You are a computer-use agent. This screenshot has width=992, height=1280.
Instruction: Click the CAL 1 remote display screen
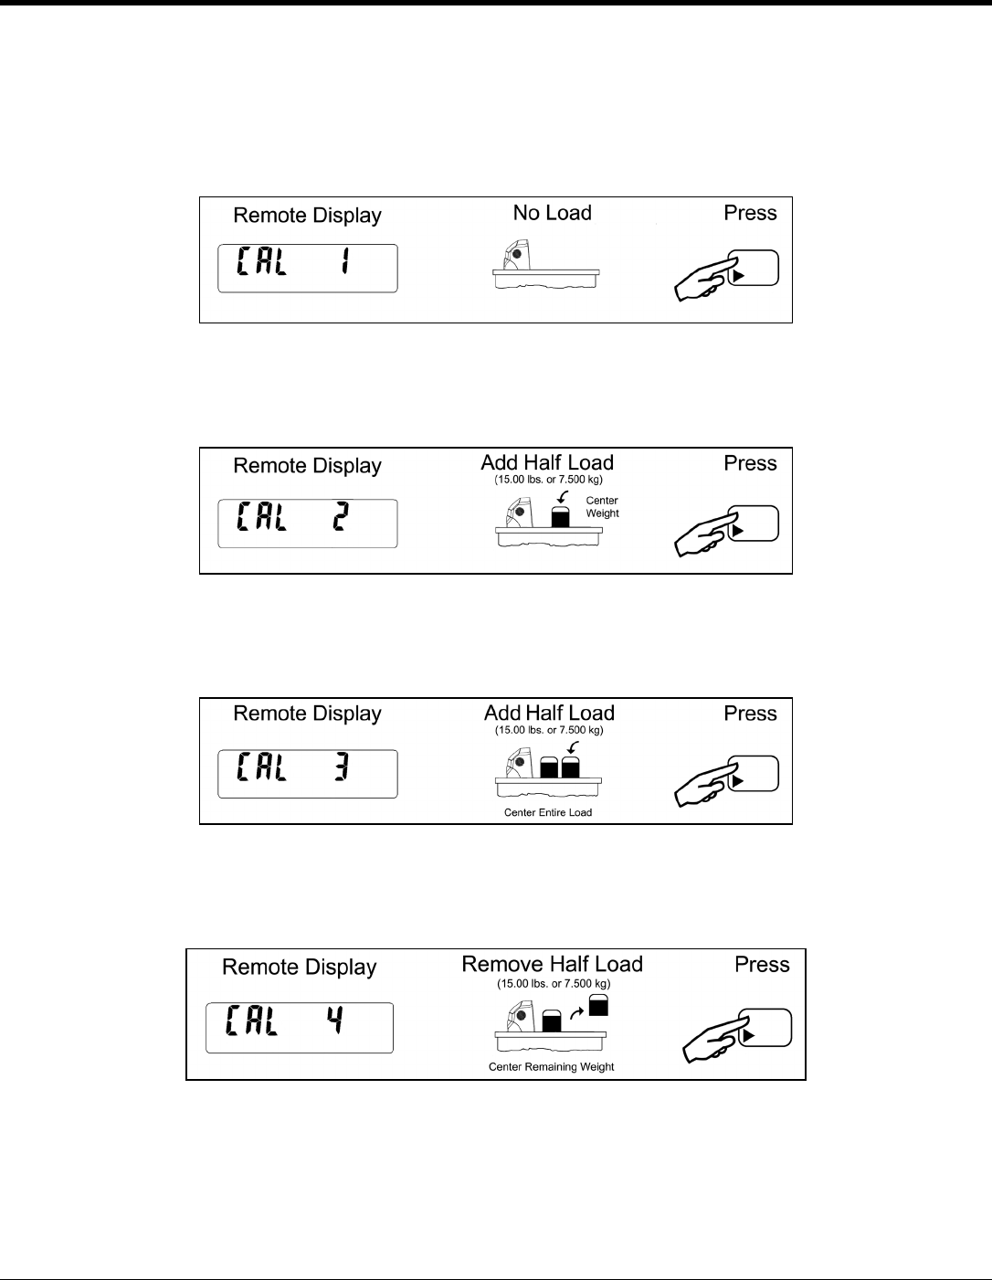pos(307,269)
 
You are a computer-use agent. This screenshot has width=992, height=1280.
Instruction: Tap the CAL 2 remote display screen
pos(307,524)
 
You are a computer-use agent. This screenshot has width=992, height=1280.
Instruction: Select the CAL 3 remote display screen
pos(307,774)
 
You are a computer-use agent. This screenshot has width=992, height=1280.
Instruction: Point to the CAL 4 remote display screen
pos(300,1028)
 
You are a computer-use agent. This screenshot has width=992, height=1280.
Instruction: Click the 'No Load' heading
pos(552,213)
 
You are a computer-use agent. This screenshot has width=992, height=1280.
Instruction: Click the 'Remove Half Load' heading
pos(552,965)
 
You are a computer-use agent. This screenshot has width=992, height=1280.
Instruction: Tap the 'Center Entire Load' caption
pos(548,812)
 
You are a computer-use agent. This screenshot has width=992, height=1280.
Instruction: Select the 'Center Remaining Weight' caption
pos(551,1066)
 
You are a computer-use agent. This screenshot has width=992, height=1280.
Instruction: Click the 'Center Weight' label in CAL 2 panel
pos(602,507)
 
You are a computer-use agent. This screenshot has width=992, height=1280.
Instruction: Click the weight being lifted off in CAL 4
pos(598,1005)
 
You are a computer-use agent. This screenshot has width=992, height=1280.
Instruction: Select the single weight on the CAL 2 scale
pos(560,516)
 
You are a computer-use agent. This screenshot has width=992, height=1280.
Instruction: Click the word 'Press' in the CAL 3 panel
pos(750,714)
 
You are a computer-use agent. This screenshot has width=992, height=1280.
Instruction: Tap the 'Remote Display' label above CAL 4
pos(300,968)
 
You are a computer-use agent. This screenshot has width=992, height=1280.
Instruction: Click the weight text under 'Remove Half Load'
pos(554,984)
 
